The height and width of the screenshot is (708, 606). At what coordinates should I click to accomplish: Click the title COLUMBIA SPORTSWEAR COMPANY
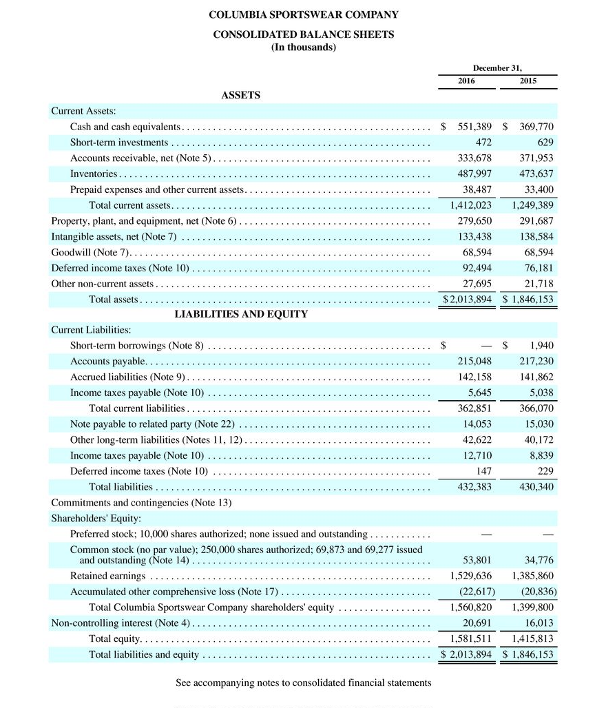(x=304, y=14)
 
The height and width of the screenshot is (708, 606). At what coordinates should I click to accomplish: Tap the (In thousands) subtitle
(x=304, y=47)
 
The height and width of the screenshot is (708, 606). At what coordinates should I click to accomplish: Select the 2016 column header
(x=466, y=81)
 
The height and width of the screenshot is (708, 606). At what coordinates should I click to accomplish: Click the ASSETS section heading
(x=240, y=96)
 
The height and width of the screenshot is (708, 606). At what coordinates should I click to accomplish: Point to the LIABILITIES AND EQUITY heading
(x=240, y=314)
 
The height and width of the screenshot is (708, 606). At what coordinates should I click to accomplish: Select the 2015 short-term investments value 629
(x=545, y=143)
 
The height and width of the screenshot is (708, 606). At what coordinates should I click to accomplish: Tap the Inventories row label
(x=94, y=174)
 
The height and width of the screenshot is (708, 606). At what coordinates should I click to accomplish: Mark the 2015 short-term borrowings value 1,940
(x=542, y=345)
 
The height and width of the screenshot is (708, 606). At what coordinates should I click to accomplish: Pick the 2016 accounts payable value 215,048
(x=474, y=362)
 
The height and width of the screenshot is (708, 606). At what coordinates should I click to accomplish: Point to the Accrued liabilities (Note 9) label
(x=128, y=377)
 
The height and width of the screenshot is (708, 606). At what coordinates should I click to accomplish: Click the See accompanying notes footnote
(x=304, y=683)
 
